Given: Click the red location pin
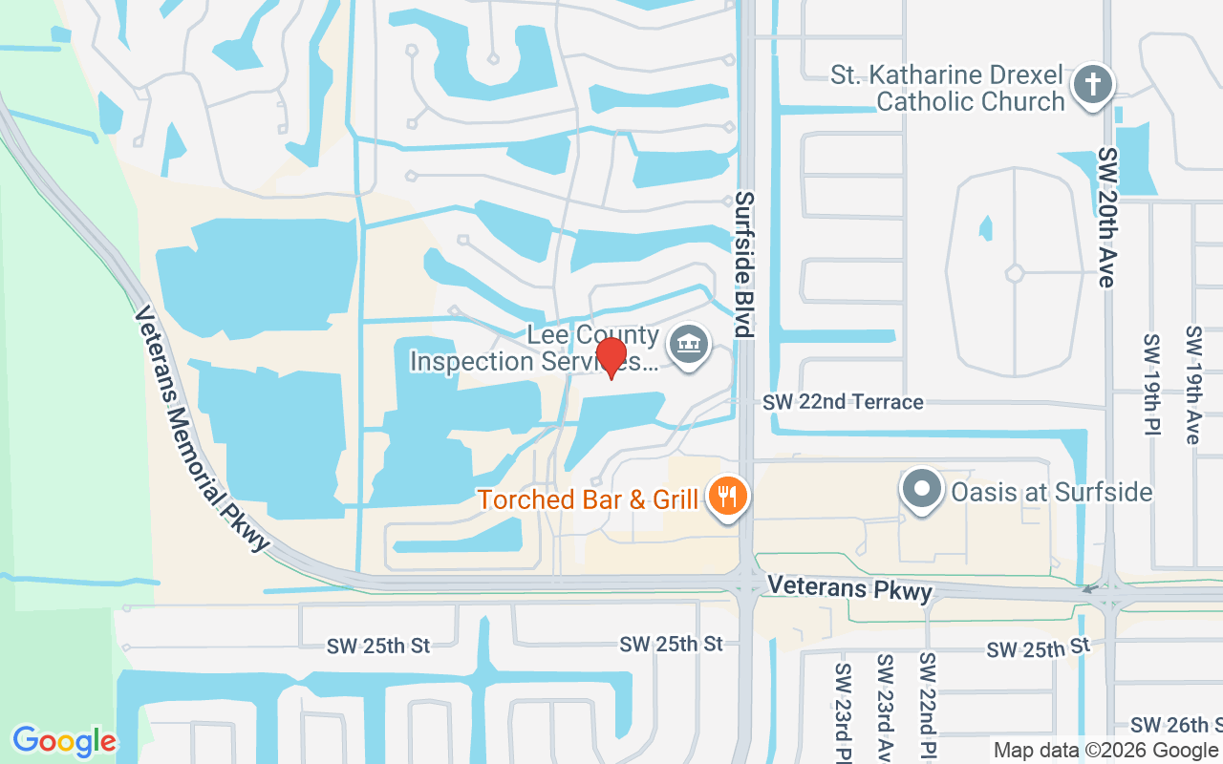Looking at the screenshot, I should point(611,358).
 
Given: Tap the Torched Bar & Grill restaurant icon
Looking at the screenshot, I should point(728,497).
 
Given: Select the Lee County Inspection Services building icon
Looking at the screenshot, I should point(687,345).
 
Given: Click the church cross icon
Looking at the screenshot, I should point(1093,84).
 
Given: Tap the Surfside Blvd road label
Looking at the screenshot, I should point(744,264).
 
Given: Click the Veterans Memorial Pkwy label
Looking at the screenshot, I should point(202,428).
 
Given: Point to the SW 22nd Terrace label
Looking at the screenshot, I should point(843,402).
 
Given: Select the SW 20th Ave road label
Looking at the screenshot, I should point(1107,217).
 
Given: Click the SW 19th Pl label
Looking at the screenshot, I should point(1151,384).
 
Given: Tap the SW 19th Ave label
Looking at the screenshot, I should point(1192,384).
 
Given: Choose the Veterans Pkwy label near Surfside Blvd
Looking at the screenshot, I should point(849,587).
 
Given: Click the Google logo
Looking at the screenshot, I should point(64,741).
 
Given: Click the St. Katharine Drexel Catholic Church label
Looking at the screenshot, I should point(947,88).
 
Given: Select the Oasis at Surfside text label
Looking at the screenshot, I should point(1051,492).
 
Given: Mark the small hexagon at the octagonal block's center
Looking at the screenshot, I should point(1014,273).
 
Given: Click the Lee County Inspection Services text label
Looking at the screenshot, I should point(535,349).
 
